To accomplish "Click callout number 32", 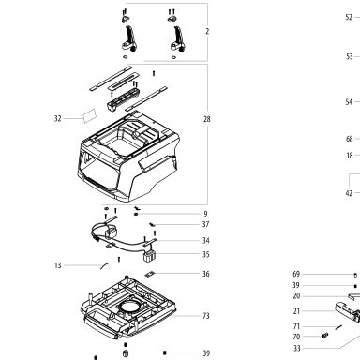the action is click(x=58, y=118).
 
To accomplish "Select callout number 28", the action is click(x=207, y=119).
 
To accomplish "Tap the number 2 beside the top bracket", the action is click(x=207, y=31).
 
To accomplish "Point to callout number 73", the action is click(x=206, y=316).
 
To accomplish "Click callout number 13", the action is click(x=58, y=265).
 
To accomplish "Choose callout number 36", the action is click(x=205, y=274).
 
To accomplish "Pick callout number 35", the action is click(x=205, y=254).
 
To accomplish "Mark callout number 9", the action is click(x=205, y=214).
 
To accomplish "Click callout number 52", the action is click(x=349, y=17).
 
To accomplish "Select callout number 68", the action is click(x=350, y=139).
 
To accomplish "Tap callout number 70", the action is click(x=296, y=337).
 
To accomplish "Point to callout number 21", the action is click(x=296, y=311).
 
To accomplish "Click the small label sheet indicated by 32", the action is click(x=90, y=116).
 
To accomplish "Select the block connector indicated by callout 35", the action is click(x=149, y=256).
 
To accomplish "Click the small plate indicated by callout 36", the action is click(x=150, y=275).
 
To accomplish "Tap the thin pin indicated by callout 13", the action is click(x=104, y=265).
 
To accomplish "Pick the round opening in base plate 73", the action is click(x=129, y=307).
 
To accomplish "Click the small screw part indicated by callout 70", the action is click(x=324, y=336).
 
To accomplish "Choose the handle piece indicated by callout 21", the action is click(x=348, y=311).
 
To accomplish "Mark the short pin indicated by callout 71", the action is click(x=338, y=327).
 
